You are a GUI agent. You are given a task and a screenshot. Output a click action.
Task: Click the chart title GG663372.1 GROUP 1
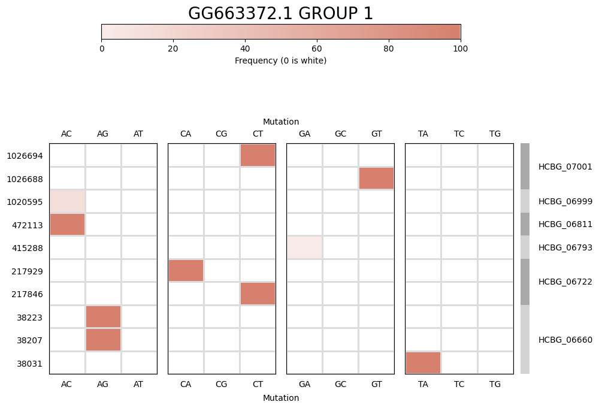coord(280,14)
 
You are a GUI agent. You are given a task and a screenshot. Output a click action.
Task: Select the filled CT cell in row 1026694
coord(258,155)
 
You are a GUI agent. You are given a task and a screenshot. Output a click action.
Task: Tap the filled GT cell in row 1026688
coord(376,179)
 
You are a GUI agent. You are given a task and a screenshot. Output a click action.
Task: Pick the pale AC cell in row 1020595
coord(67,201)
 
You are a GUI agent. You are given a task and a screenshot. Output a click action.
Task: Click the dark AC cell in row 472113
coord(67,225)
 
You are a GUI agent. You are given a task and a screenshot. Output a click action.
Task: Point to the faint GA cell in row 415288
coord(304,247)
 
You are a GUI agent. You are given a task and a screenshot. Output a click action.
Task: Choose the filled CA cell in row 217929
coord(186,271)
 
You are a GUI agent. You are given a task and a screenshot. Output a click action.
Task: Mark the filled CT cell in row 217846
coord(258,294)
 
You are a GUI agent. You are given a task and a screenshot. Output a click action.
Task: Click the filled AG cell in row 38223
coord(103,317)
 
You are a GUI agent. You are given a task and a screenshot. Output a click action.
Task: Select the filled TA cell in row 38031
coord(423,362)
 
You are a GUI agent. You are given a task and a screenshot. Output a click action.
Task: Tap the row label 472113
coord(27,225)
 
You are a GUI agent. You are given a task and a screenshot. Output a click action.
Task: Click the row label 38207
coord(29,340)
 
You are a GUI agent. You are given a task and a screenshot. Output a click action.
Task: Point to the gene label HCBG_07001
coord(565,167)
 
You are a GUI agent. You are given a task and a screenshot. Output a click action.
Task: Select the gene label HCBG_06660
coord(565,340)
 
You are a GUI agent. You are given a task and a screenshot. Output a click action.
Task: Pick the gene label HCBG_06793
coord(565,247)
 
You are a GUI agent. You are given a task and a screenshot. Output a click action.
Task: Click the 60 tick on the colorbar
coord(316,49)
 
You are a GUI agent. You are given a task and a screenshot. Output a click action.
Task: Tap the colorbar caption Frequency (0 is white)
coord(280,61)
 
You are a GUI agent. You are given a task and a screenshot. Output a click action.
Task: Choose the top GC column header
coord(340,134)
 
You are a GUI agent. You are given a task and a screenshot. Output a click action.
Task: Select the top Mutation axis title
coord(281,122)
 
